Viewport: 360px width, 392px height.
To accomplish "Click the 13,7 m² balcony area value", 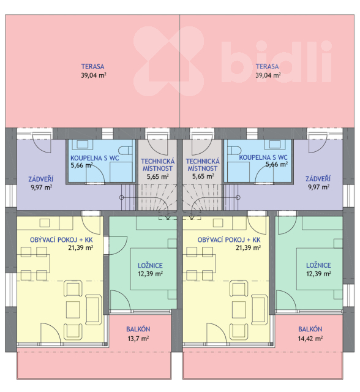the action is [x=138, y=339].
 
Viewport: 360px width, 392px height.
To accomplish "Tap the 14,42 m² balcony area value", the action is [x=310, y=339].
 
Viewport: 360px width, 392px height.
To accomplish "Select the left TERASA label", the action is [x=92, y=67].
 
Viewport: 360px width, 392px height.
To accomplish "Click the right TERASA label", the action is [x=267, y=67].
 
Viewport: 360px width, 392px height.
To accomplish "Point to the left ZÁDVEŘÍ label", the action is [x=41, y=179].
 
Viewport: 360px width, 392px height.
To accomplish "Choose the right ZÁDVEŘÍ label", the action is [x=318, y=179].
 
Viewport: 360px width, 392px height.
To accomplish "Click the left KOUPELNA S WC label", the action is [x=95, y=158].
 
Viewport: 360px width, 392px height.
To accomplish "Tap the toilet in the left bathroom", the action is [x=126, y=151].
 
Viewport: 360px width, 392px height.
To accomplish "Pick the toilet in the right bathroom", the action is [x=234, y=151].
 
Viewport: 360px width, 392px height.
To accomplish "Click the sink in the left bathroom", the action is [x=82, y=145].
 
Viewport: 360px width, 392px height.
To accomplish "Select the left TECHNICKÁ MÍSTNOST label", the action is [x=157, y=165].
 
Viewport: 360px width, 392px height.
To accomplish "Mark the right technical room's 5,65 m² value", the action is [x=203, y=176].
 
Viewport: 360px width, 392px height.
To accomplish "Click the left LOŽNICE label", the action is [x=150, y=265].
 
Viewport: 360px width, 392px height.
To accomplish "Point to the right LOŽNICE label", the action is [x=318, y=265].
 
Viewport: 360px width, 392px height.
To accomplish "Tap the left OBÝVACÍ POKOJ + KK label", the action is [x=61, y=240].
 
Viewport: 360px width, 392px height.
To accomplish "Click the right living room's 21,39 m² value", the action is [x=249, y=247].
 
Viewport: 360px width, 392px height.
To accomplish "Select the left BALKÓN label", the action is [x=138, y=329].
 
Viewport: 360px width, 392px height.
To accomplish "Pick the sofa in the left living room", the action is [x=94, y=310].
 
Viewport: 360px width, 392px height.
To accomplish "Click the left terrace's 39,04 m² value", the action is [x=94, y=75].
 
